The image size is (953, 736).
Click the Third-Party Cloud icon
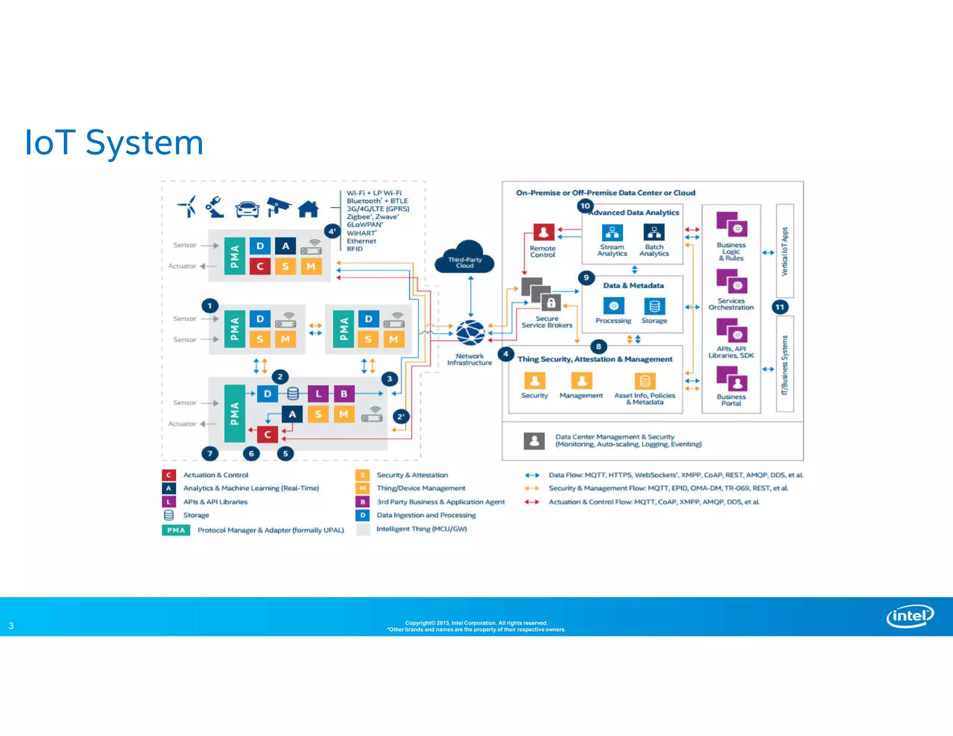coord(464,257)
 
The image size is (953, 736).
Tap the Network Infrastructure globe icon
coord(470,332)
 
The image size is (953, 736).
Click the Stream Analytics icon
coord(612,232)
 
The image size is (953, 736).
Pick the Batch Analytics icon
coord(654,232)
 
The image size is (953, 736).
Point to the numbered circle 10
coord(585,206)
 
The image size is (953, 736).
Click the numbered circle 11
coord(780,307)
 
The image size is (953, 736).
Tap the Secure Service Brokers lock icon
coord(551,303)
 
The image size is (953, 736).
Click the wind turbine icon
coord(188,206)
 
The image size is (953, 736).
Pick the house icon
coord(308,209)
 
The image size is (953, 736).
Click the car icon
coord(247,209)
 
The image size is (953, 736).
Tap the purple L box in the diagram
coord(318,394)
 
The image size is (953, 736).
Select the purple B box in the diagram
coord(344,394)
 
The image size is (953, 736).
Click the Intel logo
coord(910,616)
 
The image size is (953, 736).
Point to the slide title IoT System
coord(114,142)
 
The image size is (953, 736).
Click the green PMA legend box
coord(176,530)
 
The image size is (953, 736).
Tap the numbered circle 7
coord(210,453)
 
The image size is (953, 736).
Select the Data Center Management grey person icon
coord(534,440)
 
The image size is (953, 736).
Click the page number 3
coord(11,626)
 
